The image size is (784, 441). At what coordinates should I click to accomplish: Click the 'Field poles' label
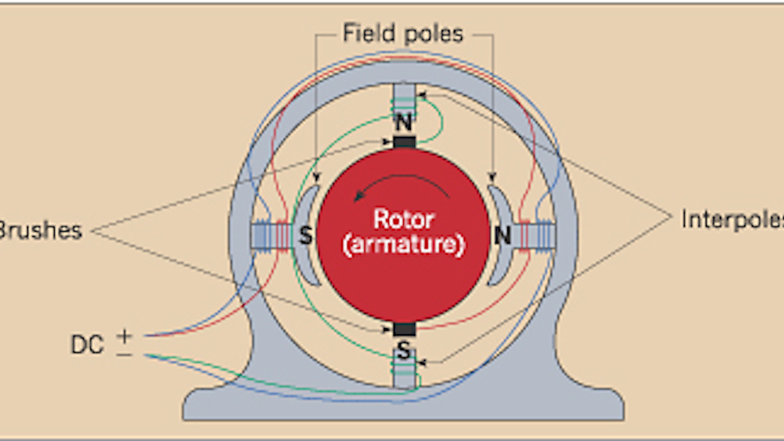pos(403,34)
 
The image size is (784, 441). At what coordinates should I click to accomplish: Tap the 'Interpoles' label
pos(731,219)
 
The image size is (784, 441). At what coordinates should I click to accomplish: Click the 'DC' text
pos(87,345)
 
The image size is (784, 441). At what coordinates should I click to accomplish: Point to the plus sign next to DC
pos(124,336)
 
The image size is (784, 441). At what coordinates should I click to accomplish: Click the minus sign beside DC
pos(124,354)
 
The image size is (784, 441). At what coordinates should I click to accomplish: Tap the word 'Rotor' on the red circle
pos(403,219)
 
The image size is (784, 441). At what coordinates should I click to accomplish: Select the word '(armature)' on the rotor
pos(403,244)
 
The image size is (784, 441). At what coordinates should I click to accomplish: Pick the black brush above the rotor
pos(404,141)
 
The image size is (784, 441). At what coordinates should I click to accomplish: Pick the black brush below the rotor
pos(404,329)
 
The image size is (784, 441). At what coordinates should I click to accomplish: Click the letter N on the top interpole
pos(404,122)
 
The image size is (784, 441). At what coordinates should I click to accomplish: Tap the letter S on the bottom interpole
pos(404,350)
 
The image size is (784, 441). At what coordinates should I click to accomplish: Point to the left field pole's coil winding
pos(271,235)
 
